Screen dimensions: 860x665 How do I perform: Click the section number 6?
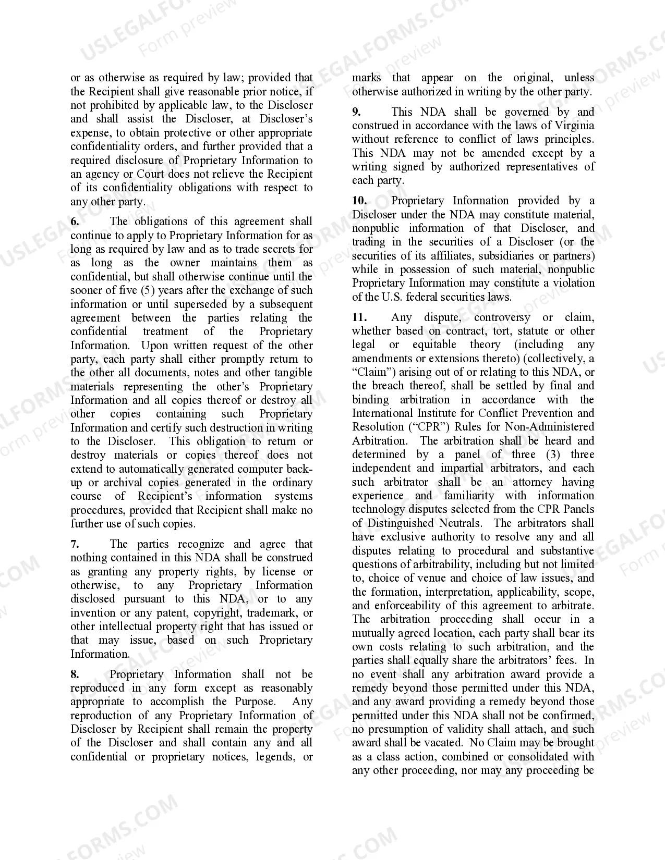75,222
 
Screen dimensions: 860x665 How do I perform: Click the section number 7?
75,544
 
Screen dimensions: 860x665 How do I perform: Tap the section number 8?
75,674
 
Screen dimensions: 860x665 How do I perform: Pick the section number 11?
359,317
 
